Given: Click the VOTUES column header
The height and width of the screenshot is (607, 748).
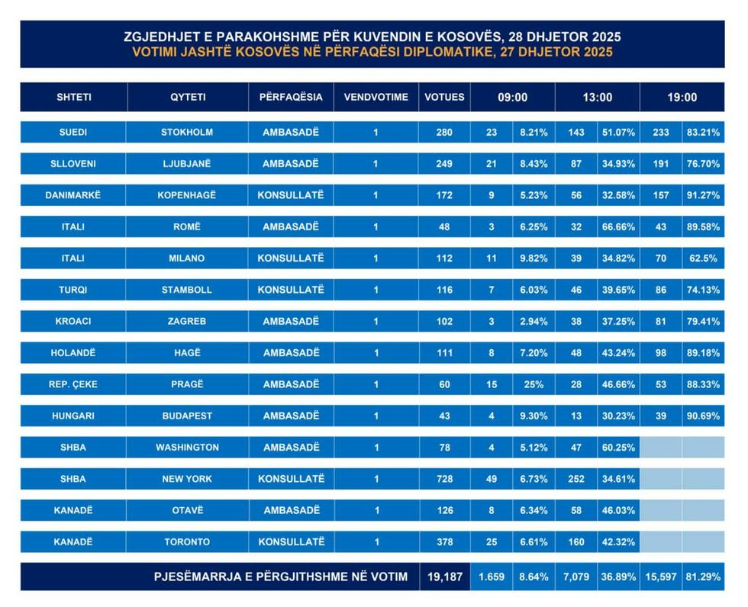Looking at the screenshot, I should pos(444,98).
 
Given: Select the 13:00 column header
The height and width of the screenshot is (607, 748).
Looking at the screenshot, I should pos(597,98).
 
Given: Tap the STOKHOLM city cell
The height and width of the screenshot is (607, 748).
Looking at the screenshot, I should pos(187,132).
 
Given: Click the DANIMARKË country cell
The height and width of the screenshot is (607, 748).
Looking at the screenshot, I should pos(73,195).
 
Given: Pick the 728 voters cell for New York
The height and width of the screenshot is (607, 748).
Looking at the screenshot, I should pos(444,479).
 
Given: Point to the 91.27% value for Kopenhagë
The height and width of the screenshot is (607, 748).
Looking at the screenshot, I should pos(702,195).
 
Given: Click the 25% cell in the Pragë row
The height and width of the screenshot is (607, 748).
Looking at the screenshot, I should pos(533,384).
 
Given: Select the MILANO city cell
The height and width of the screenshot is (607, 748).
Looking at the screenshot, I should pos(187,259).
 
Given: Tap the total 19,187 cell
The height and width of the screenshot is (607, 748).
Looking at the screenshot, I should pos(443,577).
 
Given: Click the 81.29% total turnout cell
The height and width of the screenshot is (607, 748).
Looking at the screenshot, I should pos(702,577).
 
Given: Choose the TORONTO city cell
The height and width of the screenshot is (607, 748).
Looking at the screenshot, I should pos(187,542).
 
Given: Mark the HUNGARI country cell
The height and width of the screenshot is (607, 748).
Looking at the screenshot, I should pos(73,416).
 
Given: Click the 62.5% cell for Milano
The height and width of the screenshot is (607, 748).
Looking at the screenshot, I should pos(702,259).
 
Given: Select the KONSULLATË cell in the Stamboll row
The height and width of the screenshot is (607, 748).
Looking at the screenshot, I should pos(291,290).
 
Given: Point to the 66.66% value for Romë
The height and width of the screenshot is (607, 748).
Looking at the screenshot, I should pos(618,226).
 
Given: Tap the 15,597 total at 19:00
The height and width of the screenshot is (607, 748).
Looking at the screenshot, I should pos(661,577).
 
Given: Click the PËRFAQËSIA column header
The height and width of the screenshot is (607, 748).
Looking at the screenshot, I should pos(291,98).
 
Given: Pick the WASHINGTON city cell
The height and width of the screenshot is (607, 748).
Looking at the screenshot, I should pos(187,448).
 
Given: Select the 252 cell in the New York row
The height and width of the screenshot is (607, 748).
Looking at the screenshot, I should pos(576,479).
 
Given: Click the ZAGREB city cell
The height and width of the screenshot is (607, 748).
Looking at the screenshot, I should pos(187,322).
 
